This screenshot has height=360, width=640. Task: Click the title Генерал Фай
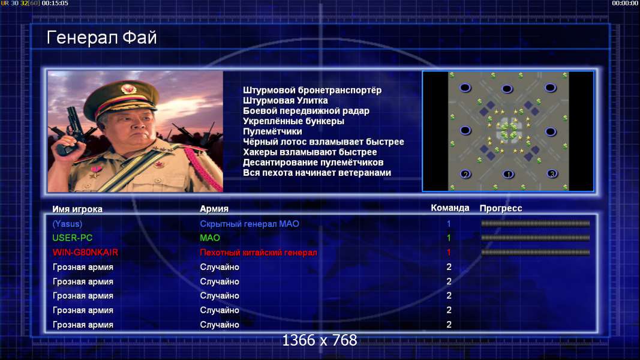pyautogui.click(x=101, y=38)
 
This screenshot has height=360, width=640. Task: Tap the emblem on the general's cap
pyautogui.click(x=129, y=89)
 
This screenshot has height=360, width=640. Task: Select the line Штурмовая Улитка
pyautogui.click(x=286, y=100)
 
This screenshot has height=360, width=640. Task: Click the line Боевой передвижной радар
pyautogui.click(x=306, y=111)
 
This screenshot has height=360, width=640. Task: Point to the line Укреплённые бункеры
pyautogui.click(x=293, y=121)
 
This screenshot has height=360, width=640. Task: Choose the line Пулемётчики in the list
pyautogui.click(x=272, y=131)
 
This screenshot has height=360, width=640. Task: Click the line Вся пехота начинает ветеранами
pyautogui.click(x=317, y=173)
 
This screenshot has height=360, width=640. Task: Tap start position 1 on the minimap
pyautogui.click(x=508, y=174)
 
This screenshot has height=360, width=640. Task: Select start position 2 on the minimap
pyautogui.click(x=465, y=174)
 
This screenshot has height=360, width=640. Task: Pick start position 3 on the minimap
pyautogui.click(x=552, y=174)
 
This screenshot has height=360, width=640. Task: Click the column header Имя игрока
pyautogui.click(x=77, y=209)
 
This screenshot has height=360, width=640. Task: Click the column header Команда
pyautogui.click(x=450, y=208)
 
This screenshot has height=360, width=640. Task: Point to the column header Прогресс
pyautogui.click(x=501, y=208)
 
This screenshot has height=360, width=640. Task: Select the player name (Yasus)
pyautogui.click(x=67, y=224)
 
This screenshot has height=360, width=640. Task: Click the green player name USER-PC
pyautogui.click(x=72, y=238)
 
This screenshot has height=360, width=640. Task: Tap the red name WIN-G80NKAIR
pyautogui.click(x=85, y=252)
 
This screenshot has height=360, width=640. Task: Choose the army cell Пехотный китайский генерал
pyautogui.click(x=259, y=252)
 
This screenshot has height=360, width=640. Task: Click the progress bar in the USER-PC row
pyautogui.click(x=535, y=238)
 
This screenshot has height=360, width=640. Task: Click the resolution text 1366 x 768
pyautogui.click(x=320, y=340)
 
